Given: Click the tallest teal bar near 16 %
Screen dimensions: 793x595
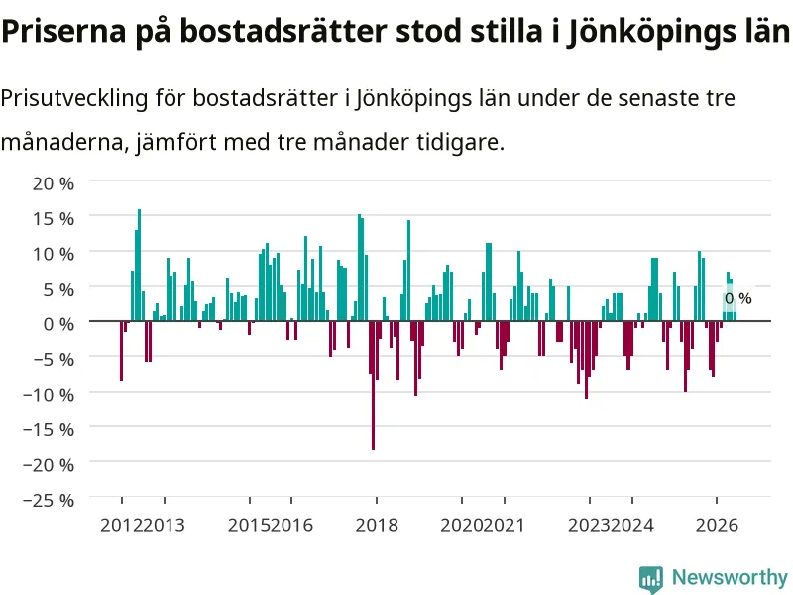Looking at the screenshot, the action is [x=140, y=265].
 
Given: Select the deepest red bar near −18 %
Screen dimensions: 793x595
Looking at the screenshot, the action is [x=374, y=386].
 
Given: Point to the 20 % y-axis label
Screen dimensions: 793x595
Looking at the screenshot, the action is [x=54, y=183].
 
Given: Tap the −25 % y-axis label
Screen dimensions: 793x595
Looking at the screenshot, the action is [x=49, y=500].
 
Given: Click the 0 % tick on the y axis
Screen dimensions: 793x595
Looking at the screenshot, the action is [x=58, y=324].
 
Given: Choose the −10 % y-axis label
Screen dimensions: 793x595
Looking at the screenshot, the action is [x=49, y=394].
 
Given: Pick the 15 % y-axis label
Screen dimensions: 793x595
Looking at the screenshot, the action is [x=54, y=219].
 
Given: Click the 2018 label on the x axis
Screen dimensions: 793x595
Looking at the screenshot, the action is [x=377, y=526].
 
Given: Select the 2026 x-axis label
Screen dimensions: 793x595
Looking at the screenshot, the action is [x=717, y=526].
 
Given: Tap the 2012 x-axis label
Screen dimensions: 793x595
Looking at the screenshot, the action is [x=121, y=526].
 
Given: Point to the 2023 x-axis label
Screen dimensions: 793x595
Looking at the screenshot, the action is [x=589, y=526].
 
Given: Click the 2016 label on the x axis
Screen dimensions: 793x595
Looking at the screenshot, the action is [x=291, y=526].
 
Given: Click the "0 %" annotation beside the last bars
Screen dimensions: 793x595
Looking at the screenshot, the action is [x=737, y=298].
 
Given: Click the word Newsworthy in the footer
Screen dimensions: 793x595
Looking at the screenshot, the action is [x=730, y=577].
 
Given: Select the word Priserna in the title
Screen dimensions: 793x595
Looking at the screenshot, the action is [x=63, y=31].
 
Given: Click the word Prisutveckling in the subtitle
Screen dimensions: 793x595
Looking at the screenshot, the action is [x=74, y=98].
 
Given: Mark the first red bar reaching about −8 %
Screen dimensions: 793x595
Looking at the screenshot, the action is [x=121, y=351].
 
